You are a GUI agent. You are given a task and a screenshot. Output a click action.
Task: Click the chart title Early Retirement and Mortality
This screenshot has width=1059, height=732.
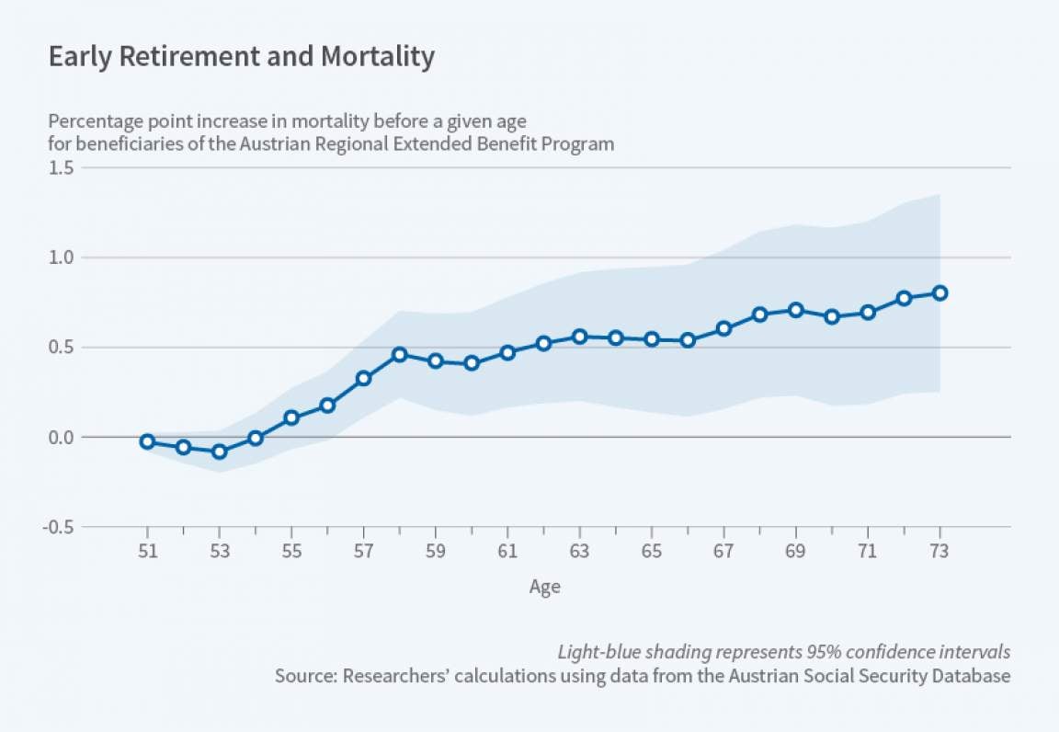click(241, 57)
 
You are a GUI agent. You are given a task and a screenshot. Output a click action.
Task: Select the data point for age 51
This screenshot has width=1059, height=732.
click(147, 441)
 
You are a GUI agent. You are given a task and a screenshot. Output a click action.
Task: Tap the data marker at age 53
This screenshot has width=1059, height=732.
click(219, 452)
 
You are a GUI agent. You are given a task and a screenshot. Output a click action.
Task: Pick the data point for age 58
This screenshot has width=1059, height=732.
click(399, 355)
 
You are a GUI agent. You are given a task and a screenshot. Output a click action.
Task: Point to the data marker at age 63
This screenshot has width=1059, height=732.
click(579, 337)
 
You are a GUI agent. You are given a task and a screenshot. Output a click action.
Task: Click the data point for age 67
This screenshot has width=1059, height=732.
click(723, 328)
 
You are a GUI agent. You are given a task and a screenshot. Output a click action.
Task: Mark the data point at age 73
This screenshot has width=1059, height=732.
click(939, 293)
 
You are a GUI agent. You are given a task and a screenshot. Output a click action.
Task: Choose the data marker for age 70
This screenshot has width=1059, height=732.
click(832, 316)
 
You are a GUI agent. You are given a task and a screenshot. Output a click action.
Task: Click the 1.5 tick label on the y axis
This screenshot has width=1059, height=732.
click(63, 167)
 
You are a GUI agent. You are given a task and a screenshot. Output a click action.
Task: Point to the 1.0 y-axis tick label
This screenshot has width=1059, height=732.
click(63, 257)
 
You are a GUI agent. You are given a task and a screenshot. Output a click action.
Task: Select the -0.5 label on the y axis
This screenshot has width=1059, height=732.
click(60, 527)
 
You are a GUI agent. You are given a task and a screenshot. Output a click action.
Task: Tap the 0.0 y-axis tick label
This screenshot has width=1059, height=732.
click(63, 438)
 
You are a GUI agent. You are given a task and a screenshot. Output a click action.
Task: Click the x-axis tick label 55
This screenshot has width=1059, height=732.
click(291, 553)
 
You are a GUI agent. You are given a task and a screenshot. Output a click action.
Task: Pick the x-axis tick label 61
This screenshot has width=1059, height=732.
click(507, 553)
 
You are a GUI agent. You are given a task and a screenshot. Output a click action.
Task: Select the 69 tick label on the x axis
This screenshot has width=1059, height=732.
click(795, 553)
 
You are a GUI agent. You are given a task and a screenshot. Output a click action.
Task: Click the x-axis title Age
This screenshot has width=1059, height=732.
click(544, 587)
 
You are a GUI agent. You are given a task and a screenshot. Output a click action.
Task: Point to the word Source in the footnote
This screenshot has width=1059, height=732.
click(302, 676)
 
